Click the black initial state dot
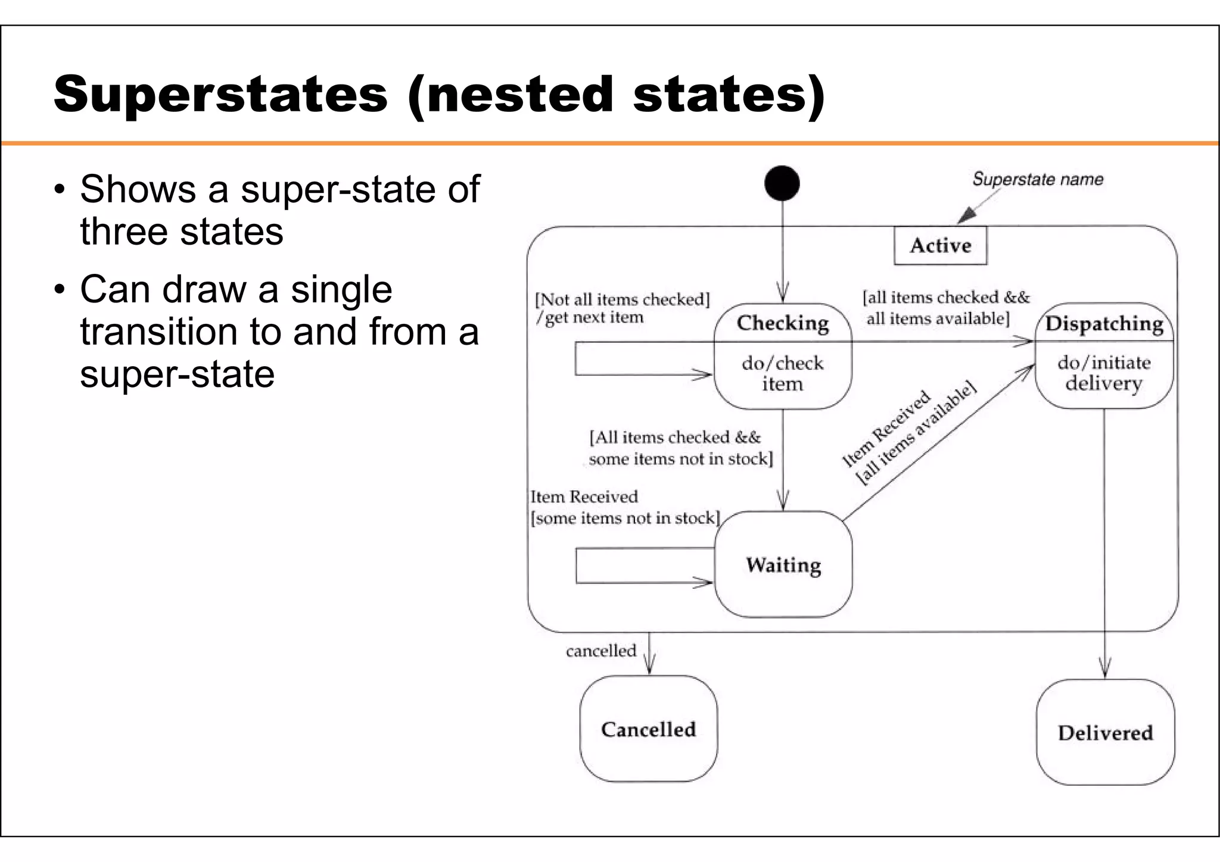coord(782,183)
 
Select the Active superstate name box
coord(940,245)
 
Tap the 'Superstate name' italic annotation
coord(1037,179)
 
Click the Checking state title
coord(783,323)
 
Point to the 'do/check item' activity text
coord(783,373)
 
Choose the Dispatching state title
coord(1104,323)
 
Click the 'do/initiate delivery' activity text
coord(1104,373)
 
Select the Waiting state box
coord(783,564)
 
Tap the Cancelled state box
coord(649,729)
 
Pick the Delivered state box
coord(1105,732)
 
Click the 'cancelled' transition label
coord(601,651)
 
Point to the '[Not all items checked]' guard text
coord(622,299)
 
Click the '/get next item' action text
coord(590,317)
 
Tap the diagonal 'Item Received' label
coord(886,429)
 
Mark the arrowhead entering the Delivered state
coord(1105,670)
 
